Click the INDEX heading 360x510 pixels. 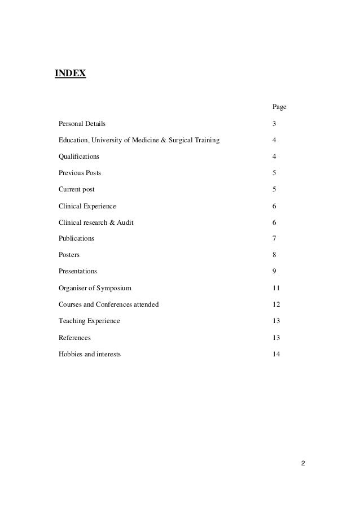click(x=70, y=73)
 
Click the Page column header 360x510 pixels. click(x=279, y=107)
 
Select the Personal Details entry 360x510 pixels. click(x=82, y=123)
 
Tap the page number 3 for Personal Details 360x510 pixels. click(x=274, y=123)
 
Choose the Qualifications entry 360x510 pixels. click(x=78, y=156)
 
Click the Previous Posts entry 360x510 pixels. click(x=80, y=173)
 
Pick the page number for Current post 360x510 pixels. click(x=274, y=189)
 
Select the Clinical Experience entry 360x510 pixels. click(x=87, y=206)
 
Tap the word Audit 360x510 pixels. click(x=125, y=223)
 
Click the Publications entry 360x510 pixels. click(x=76, y=238)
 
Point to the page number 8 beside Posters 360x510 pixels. click(x=274, y=255)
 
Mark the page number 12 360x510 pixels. click(x=276, y=304)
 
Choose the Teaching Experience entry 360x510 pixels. click(x=89, y=321)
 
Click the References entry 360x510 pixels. click(x=74, y=338)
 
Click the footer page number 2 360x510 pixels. click(x=302, y=464)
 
